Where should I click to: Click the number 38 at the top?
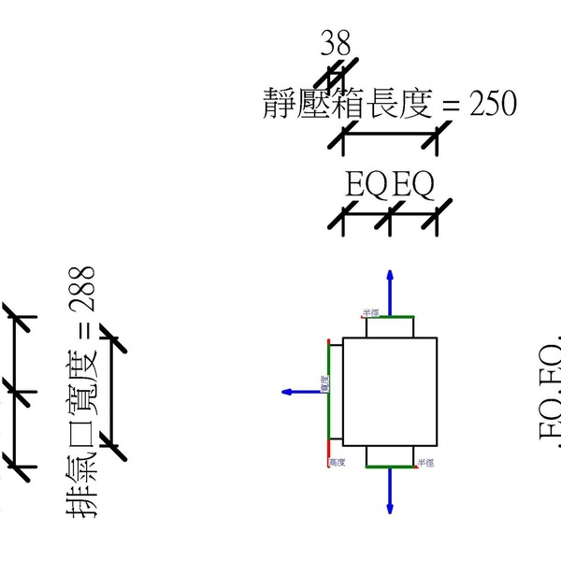337,43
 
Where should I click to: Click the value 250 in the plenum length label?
493,104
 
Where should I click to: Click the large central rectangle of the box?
389,392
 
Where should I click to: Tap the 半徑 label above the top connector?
371,312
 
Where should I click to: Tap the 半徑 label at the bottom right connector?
426,463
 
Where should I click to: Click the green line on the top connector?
389,317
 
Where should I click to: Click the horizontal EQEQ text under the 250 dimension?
389,186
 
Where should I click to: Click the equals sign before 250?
450,106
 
